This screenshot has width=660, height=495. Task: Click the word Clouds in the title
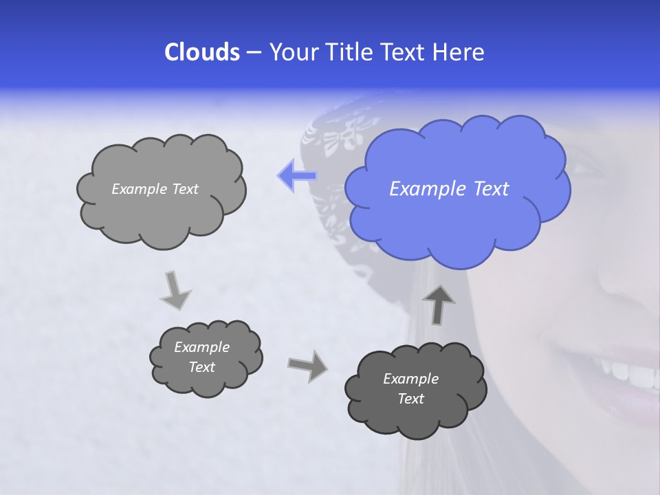(x=201, y=52)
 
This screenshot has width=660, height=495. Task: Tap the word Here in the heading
(x=461, y=52)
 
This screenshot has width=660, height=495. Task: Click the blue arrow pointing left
(x=297, y=176)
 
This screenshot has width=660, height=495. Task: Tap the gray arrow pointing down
(x=176, y=289)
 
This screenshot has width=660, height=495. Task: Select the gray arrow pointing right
(x=307, y=365)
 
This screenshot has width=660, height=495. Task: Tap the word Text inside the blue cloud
(x=492, y=189)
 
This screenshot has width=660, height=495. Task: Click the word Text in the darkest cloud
(x=410, y=399)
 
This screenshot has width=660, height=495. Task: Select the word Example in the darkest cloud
(x=410, y=379)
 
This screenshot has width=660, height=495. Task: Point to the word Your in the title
(x=293, y=52)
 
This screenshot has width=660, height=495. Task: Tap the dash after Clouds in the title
(x=252, y=52)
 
